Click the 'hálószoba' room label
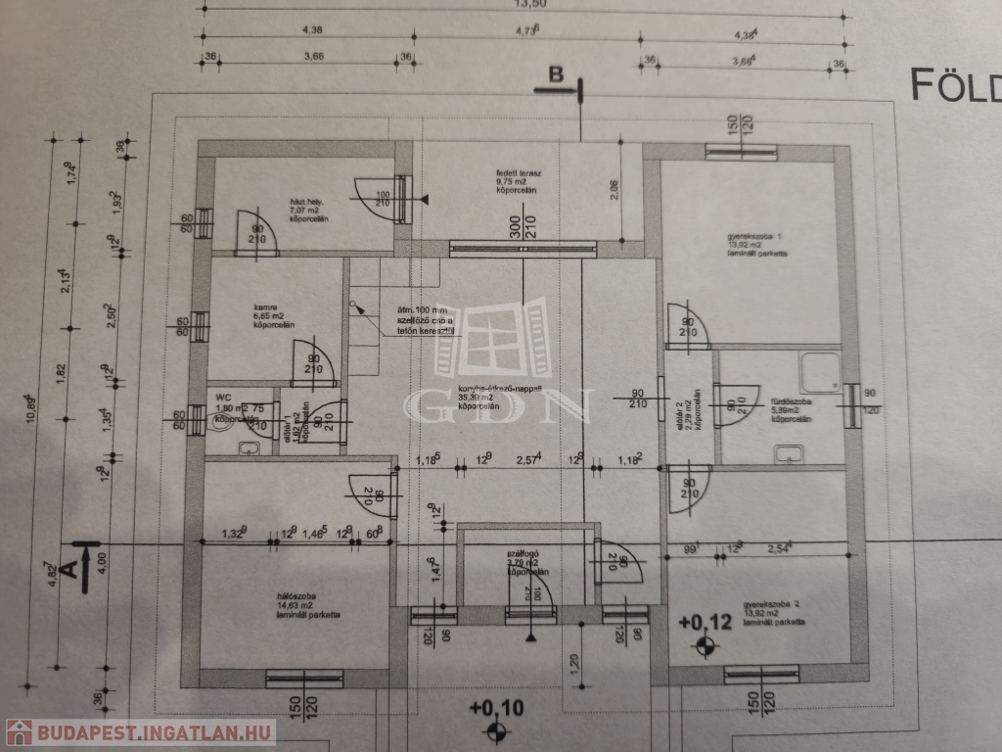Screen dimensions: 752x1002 click(x=294, y=596)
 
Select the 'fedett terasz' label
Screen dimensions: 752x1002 click(x=513, y=172)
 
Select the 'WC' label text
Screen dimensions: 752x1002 click(x=223, y=397)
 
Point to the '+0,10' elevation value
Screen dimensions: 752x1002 click(x=497, y=707)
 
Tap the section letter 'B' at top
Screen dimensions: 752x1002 click(x=556, y=73)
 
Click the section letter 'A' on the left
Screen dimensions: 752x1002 click(x=68, y=567)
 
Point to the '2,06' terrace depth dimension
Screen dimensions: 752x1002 click(x=614, y=190)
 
